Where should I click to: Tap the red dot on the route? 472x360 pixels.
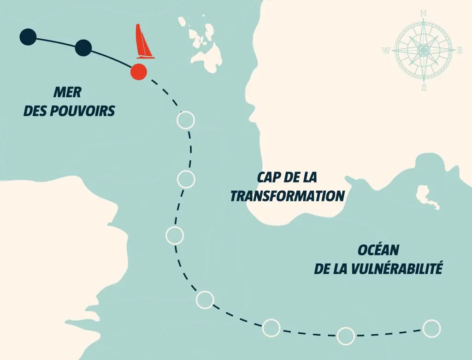(x=138, y=71)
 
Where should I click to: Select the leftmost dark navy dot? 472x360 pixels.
(x=28, y=37)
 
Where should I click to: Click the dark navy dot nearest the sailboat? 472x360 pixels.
(x=83, y=47)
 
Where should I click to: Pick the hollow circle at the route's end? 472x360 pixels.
(x=431, y=328)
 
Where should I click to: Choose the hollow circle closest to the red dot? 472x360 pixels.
(x=186, y=120)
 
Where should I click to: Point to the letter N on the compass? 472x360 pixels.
(x=423, y=13)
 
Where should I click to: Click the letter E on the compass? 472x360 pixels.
(x=459, y=50)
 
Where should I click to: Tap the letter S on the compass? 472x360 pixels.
(x=424, y=88)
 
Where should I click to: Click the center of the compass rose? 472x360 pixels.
(x=423, y=50)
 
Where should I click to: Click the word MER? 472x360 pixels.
(x=67, y=93)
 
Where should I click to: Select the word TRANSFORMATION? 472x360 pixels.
(x=287, y=196)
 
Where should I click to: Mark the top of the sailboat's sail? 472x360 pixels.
(x=137, y=25)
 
